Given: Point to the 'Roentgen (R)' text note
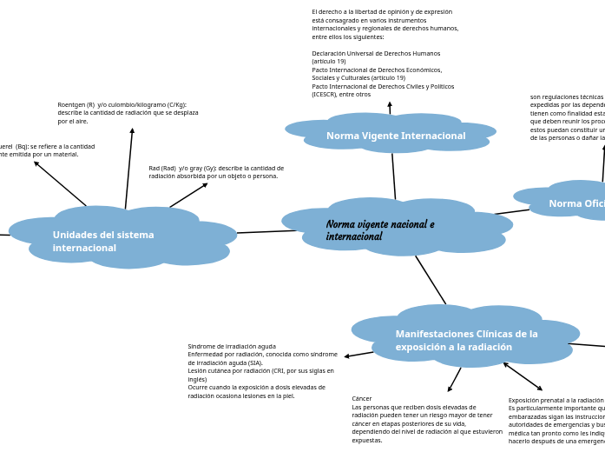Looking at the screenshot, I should [x=128, y=113].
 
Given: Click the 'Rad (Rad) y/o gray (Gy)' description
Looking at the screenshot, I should [x=216, y=172].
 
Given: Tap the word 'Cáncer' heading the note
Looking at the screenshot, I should [x=362, y=399].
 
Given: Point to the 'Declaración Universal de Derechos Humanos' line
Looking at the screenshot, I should [x=376, y=53].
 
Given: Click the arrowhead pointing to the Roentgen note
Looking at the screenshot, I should [x=132, y=130].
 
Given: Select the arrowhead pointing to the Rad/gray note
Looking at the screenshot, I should [x=206, y=183].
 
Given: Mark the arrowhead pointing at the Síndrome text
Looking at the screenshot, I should [x=346, y=356].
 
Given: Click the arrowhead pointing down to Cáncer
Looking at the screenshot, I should [x=450, y=389].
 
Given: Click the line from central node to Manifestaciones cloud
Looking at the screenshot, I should [x=431, y=279].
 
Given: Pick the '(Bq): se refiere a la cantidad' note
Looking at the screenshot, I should [x=48, y=150].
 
